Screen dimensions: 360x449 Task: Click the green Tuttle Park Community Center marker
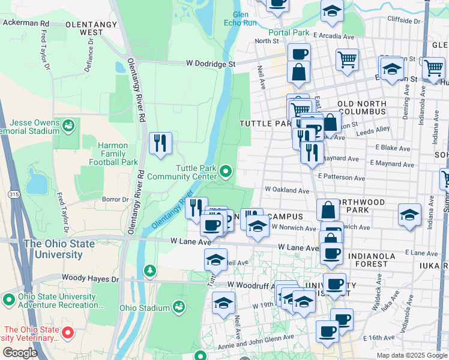[226, 172]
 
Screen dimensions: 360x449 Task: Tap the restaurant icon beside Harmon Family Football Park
[160, 143]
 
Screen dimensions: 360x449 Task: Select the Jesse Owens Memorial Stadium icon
[70, 125]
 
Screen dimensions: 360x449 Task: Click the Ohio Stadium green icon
[178, 307]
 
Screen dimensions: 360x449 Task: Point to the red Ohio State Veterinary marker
[68, 332]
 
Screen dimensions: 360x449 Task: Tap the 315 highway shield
[14, 194]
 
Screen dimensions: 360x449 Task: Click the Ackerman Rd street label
[25, 23]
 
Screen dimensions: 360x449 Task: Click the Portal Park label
[288, 32]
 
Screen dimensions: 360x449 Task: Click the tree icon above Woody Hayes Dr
[149, 271]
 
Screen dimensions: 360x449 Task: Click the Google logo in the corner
[20, 353]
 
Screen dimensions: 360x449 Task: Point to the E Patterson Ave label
[342, 178]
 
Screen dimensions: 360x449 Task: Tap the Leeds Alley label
[375, 128]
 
